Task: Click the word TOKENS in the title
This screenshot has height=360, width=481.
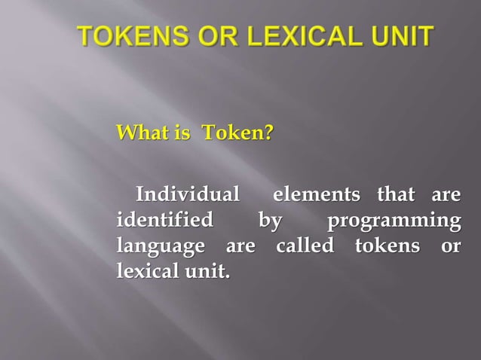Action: point(128,36)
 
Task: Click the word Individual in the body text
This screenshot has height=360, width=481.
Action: point(185,196)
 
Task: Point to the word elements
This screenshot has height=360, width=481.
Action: point(316,196)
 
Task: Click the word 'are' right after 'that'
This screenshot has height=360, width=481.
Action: point(445,196)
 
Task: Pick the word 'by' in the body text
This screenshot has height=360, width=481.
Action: point(268,222)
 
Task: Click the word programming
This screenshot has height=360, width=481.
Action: point(394,222)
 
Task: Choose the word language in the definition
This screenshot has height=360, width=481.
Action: point(161,247)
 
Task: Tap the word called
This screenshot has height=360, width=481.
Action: point(305,246)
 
